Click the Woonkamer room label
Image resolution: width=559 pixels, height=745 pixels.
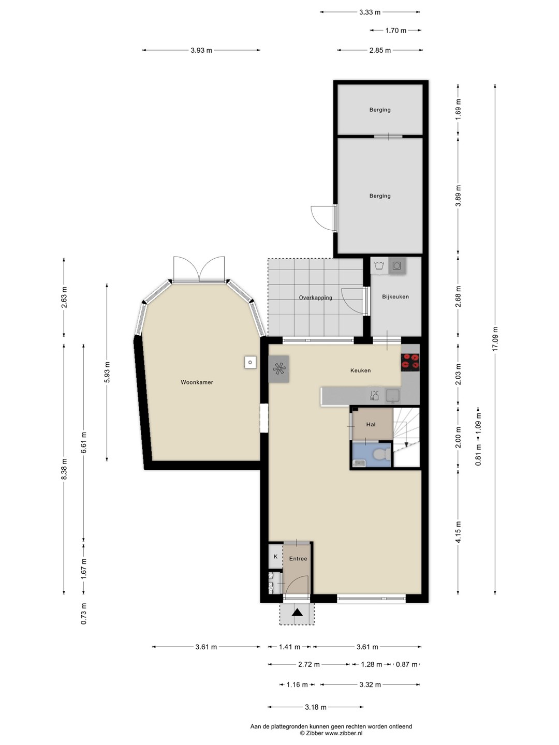click(x=197, y=382)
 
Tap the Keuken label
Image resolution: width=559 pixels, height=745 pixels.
click(x=360, y=370)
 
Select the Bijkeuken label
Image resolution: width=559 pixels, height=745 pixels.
click(x=395, y=296)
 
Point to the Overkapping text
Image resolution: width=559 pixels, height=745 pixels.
click(x=315, y=297)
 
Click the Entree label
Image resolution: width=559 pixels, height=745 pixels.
click(x=298, y=558)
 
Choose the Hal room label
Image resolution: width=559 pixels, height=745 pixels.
click(x=371, y=424)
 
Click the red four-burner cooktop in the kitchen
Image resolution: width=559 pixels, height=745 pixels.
click(x=410, y=362)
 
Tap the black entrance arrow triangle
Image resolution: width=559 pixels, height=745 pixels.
click(x=297, y=613)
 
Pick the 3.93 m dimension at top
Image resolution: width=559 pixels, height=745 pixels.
click(x=201, y=50)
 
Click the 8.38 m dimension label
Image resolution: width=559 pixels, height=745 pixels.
click(x=64, y=469)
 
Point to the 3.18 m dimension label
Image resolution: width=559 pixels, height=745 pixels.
click(x=315, y=707)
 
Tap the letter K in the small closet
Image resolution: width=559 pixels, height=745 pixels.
click(x=275, y=556)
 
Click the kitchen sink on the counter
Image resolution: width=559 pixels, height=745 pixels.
click(x=393, y=395)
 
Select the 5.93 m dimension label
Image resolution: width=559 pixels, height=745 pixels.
click(x=107, y=372)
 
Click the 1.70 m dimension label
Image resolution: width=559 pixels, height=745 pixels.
click(x=396, y=31)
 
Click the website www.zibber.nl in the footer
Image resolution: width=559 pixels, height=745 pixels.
click(x=344, y=733)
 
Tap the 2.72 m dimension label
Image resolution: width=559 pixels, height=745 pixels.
click(x=309, y=664)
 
